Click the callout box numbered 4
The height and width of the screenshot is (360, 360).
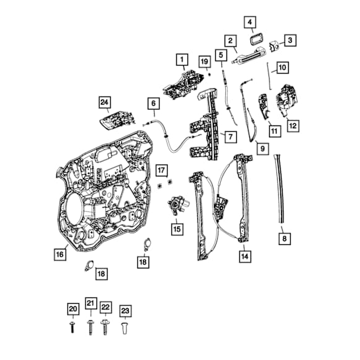250,22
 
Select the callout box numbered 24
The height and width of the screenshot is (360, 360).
105,102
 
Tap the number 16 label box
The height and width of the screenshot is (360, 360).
60,254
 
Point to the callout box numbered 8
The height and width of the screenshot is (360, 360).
285,239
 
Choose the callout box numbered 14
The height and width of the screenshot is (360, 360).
245,256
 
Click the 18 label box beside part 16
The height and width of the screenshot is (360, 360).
101,273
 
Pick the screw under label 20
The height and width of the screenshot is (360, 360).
72,327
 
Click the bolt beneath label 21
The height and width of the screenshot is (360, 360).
90,327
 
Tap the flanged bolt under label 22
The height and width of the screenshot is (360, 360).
105,327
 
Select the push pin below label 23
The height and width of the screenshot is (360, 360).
125,328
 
